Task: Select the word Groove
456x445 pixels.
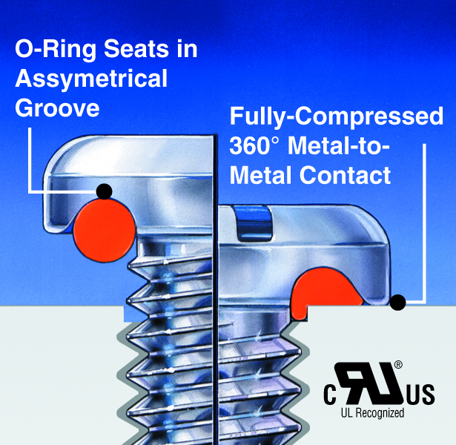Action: click(57, 108)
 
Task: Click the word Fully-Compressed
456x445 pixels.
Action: click(337, 116)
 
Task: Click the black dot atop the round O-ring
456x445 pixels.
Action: click(105, 191)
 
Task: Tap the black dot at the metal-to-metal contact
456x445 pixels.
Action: click(398, 302)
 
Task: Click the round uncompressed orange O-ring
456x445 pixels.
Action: click(105, 227)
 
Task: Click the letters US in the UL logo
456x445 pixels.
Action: click(419, 394)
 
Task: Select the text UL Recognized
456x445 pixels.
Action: click(372, 413)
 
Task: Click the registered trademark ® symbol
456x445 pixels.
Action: click(398, 364)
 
